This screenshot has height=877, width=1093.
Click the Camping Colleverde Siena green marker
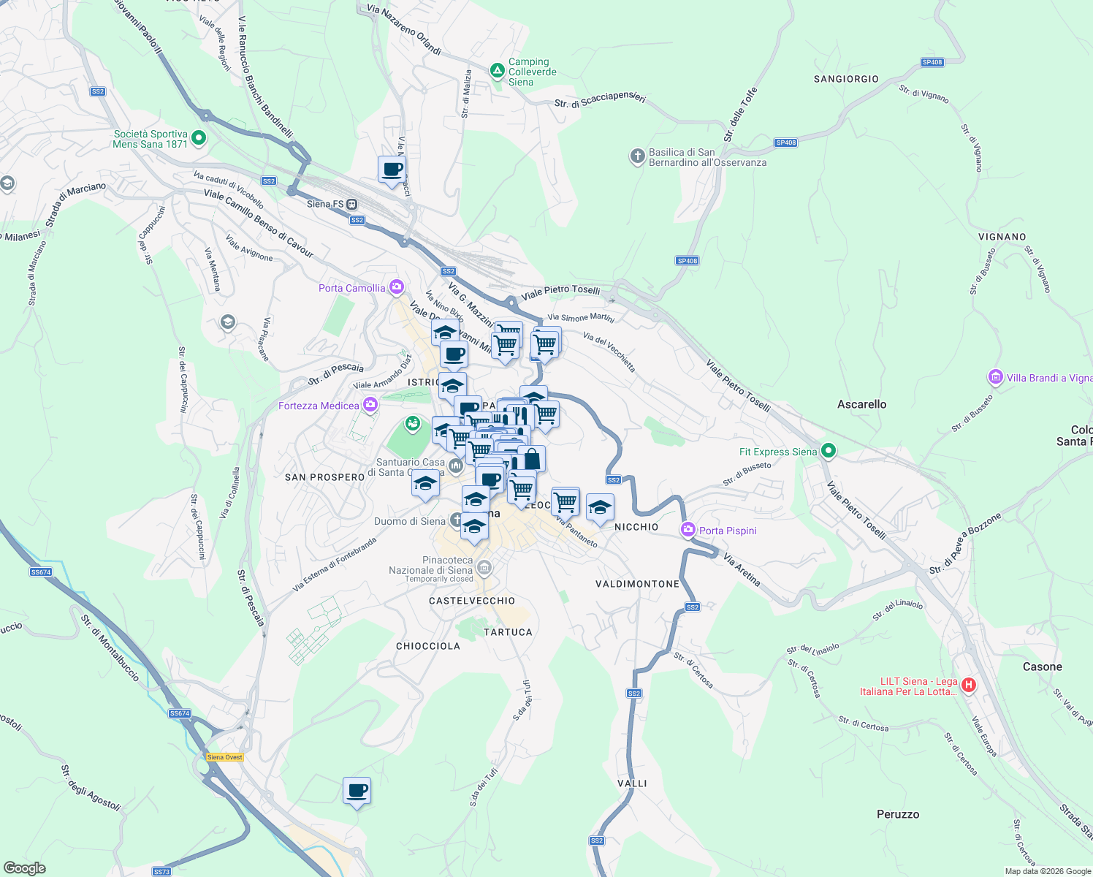coord(497,71)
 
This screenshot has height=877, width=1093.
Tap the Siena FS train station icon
coord(352,204)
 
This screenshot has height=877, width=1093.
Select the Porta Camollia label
coord(351,288)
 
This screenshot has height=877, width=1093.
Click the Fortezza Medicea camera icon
coord(371,404)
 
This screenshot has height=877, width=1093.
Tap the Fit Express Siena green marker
coord(828,451)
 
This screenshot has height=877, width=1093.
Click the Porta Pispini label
coord(727,531)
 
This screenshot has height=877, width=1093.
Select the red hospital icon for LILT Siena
coord(969,685)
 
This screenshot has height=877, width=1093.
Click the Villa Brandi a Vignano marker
coord(995,377)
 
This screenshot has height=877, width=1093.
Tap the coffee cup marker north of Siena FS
coord(392,170)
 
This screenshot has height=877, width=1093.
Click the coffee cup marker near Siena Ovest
coord(357,791)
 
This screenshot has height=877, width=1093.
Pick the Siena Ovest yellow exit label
coord(225,757)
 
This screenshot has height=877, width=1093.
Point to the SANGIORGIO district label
coord(846,79)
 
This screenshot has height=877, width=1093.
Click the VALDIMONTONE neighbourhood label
coord(637,584)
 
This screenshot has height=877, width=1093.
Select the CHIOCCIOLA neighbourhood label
coord(428,646)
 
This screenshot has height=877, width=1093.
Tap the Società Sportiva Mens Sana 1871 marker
coord(199,138)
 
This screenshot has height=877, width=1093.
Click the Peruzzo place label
coord(898,814)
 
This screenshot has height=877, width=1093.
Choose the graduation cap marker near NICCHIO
coord(599,506)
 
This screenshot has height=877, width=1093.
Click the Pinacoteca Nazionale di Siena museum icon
coord(484,567)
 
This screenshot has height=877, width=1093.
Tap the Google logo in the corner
coord(24,867)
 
